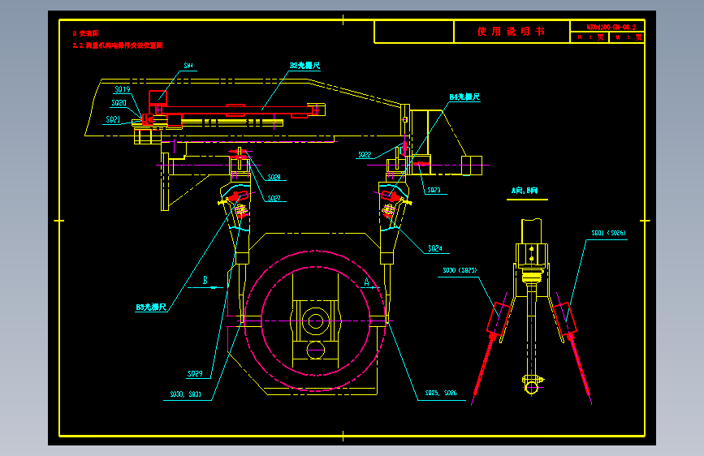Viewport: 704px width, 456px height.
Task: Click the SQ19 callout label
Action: pos(123,89)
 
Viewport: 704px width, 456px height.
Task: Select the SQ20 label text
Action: pos(119,104)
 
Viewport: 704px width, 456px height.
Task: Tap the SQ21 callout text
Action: pos(114,120)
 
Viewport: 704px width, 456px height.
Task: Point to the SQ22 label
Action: pos(365,154)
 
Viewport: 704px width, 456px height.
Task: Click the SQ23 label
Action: pos(434,191)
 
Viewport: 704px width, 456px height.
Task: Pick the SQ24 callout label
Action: pos(435,248)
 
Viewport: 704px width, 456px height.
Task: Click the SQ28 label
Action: pos(274,178)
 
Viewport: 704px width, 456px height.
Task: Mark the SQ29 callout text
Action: pos(195,374)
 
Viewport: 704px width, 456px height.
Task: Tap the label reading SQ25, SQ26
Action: pos(441,394)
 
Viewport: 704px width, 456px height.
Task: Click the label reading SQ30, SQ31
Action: pos(185,394)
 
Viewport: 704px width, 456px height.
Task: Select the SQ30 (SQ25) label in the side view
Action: pos(460,270)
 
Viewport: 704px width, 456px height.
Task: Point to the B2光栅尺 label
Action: pos(306,65)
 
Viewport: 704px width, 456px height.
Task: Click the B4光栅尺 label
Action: pos(465,97)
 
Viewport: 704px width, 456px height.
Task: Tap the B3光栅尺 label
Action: pos(152,308)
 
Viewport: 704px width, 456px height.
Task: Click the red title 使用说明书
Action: pos(512,32)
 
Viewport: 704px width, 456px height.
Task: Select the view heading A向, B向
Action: pos(525,191)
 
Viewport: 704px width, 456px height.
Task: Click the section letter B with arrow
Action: pos(206,281)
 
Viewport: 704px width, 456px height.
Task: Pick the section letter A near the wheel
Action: pos(367,281)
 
